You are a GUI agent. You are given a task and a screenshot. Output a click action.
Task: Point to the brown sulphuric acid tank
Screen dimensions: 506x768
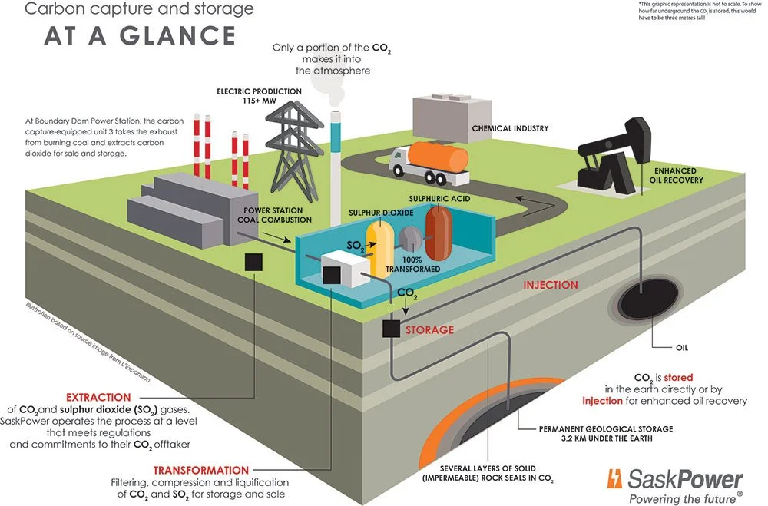[x=441, y=233]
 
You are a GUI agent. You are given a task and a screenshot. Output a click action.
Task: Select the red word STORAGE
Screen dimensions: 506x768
[x=429, y=330]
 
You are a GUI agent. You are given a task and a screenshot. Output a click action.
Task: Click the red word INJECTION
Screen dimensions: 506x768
[x=551, y=285]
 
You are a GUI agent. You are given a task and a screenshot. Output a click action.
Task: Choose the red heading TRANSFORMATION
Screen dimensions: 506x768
[x=201, y=470]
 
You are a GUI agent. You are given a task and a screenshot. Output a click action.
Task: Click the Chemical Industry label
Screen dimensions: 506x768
[x=504, y=128]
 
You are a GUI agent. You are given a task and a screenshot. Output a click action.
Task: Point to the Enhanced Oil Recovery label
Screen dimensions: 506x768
[x=676, y=175]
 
